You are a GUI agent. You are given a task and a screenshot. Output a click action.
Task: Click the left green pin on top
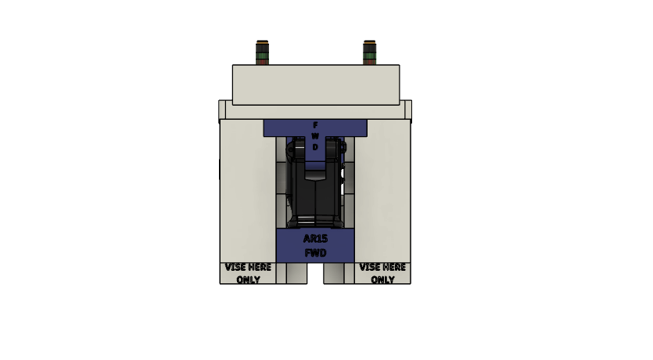pos(262,52)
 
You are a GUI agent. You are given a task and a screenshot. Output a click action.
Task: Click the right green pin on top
pos(369,52)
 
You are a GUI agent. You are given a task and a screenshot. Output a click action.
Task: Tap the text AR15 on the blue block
pos(315,239)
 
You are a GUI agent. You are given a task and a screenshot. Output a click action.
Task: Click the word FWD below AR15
pos(315,253)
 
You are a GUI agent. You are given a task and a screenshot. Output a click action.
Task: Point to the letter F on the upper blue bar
pos(315,125)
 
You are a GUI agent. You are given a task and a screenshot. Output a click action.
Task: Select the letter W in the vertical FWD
pos(315,136)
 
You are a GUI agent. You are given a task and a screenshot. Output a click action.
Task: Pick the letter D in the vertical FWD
pos(315,147)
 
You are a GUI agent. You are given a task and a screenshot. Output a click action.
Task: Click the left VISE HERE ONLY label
pos(248,273)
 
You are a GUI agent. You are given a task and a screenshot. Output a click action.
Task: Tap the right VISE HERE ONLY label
pos(382,273)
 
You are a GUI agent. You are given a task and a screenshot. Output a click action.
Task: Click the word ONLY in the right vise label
pos(382,279)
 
